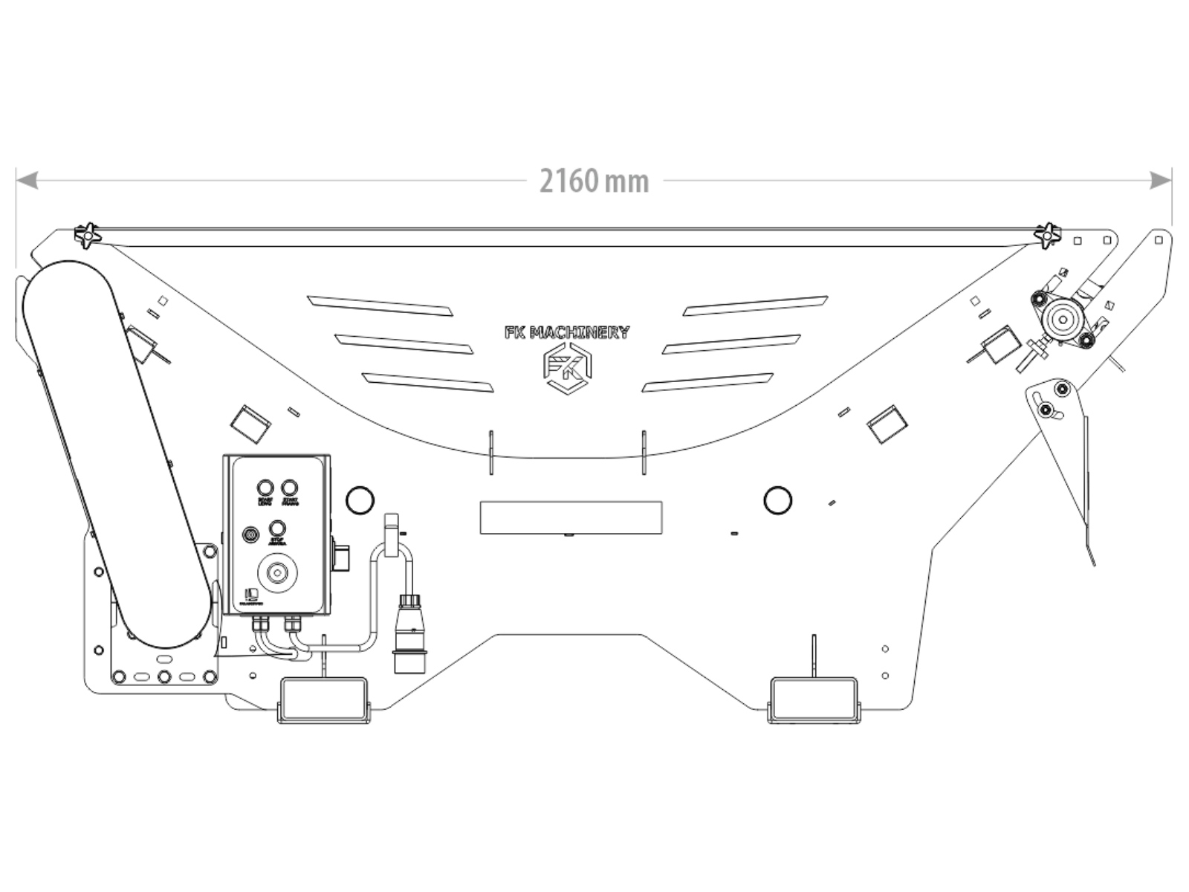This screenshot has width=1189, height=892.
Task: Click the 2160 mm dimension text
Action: point(593,181)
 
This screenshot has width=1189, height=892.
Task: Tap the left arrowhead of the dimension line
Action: point(27,180)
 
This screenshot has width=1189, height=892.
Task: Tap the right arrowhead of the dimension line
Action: point(1161,180)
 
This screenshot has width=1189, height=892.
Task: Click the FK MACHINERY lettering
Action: point(567,332)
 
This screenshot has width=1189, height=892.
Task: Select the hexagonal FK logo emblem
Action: point(567,367)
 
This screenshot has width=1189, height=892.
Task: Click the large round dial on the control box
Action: point(278,572)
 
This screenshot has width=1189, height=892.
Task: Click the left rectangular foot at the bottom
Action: point(323,699)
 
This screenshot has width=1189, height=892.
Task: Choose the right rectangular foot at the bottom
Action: point(813,699)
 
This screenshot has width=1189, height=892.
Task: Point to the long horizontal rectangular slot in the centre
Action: point(571,517)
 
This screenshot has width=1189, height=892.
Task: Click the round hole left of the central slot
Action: point(360,500)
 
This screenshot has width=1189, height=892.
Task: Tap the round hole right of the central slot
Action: point(777,500)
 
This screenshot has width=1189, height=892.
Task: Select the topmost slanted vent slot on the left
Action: point(379,305)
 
